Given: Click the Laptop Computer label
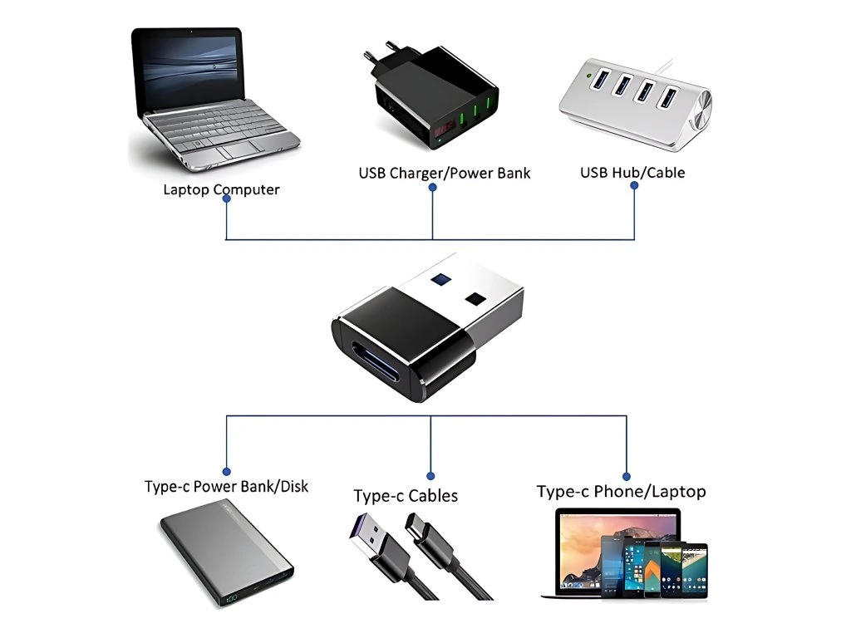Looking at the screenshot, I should [221, 189].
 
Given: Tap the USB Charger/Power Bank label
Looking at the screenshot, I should [444, 173].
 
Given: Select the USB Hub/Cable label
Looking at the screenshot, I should [632, 173].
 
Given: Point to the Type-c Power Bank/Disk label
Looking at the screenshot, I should [226, 486].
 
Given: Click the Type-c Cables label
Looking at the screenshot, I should [406, 496].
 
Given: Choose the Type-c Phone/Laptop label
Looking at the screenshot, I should [621, 491].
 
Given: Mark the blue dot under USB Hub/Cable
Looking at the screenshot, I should [634, 185].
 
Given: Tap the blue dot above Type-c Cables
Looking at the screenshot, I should [430, 476].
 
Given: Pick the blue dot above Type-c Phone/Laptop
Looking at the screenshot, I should [625, 471].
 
